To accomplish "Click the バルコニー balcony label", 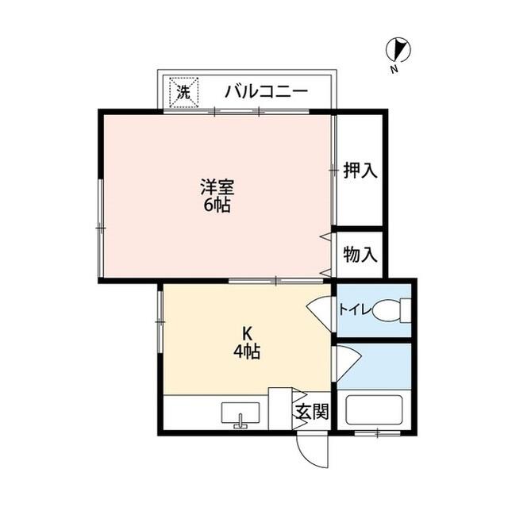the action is click(267, 92).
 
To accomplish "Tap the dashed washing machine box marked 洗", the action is click(183, 93).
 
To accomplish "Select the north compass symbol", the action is click(398, 50).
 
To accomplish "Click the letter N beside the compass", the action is click(394, 69).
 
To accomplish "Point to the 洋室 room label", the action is click(217, 187).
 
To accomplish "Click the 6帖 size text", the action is click(217, 205).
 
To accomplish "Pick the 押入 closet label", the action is click(360, 170).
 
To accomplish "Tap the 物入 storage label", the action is click(360, 254).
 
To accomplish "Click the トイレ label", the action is click(355, 310).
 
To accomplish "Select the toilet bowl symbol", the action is click(391, 310).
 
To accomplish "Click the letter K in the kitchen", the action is click(248, 332).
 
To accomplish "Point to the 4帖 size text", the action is click(247, 351).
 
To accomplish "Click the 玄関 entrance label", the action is click(312, 412).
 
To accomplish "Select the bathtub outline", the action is click(374, 409).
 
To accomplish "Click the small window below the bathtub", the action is click(377, 433).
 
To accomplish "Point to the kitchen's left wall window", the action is click(160, 322).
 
